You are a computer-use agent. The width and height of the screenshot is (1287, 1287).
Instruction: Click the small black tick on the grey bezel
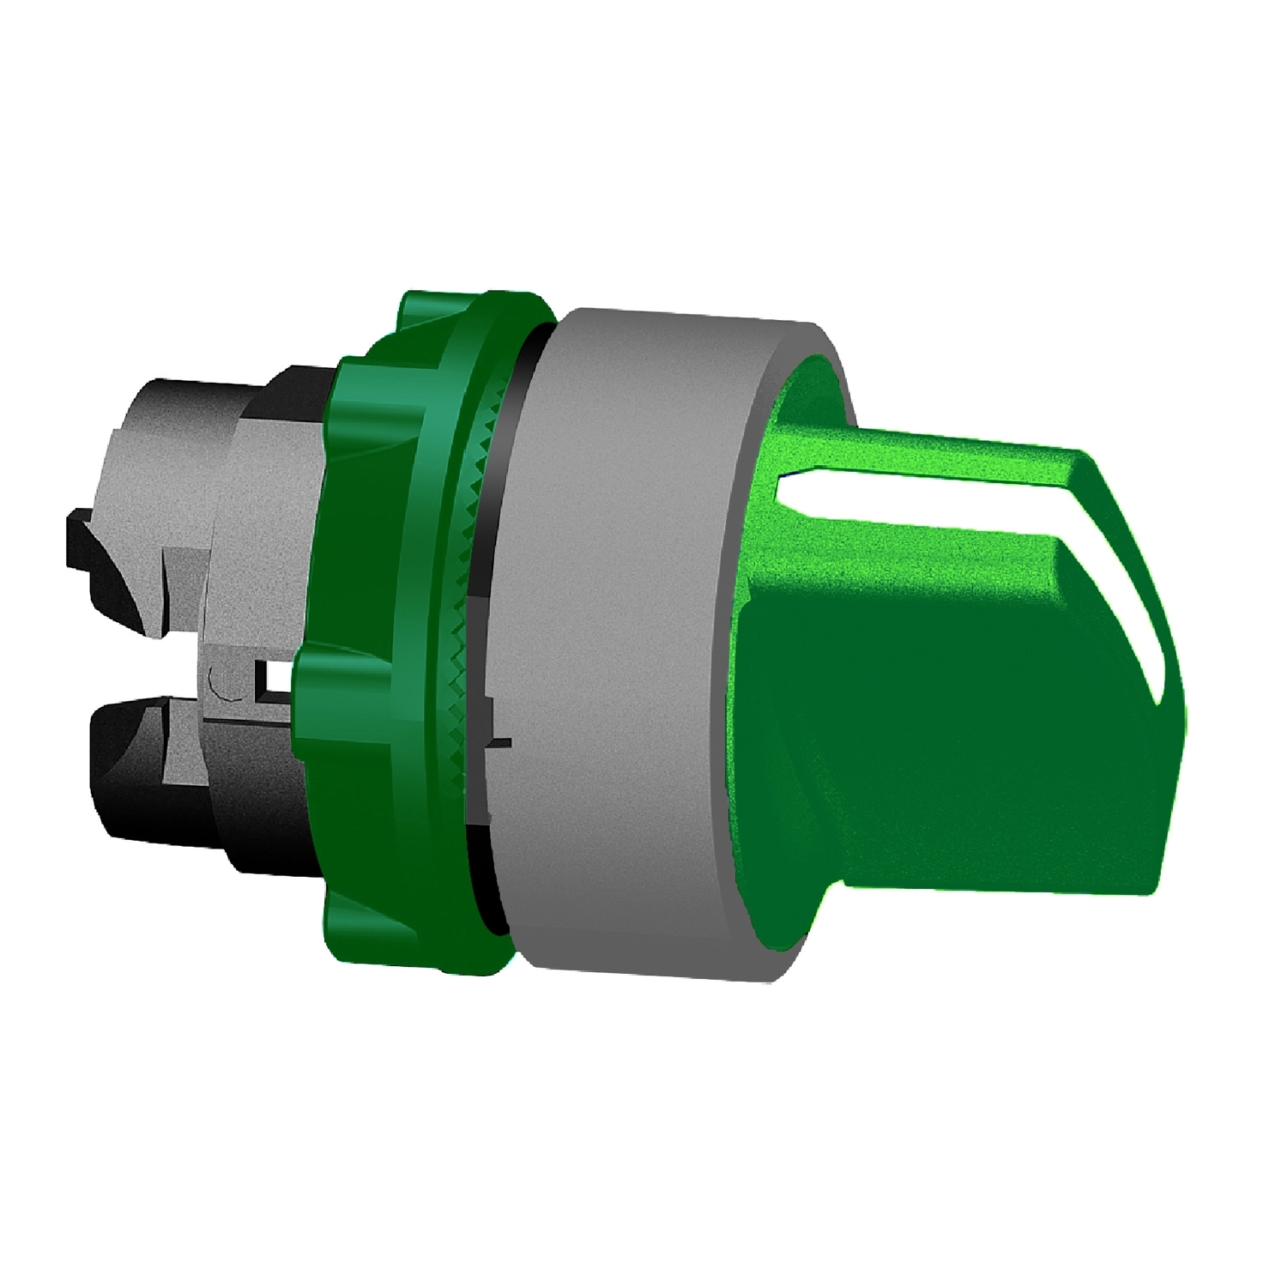click(x=501, y=742)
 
